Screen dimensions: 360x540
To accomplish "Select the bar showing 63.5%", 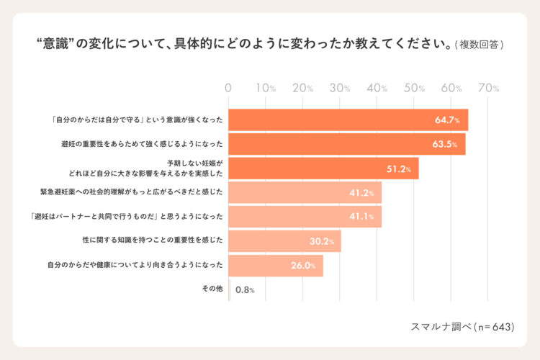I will click(346, 144).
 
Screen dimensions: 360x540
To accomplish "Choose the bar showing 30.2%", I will click(284, 241).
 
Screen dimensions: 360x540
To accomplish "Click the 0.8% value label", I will click(246, 291).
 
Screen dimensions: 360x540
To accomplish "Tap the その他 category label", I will click(214, 289).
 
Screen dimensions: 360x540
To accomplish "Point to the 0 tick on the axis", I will click(228, 88).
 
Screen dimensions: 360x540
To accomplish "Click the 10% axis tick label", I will click(266, 88).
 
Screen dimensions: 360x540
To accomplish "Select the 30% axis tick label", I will click(340, 88).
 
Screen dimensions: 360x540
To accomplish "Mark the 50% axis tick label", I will click(414, 88).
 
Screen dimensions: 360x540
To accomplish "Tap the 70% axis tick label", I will click(488, 88).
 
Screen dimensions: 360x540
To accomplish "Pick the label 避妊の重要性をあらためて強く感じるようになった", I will click(142, 144).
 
